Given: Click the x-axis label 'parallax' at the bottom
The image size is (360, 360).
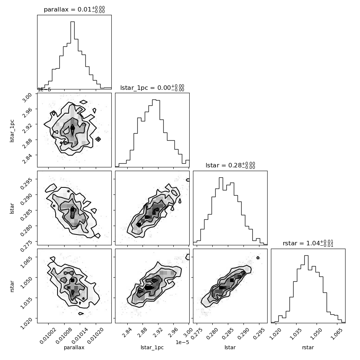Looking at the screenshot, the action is coord(74,347).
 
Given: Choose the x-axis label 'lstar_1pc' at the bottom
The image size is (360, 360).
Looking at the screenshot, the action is coord(152,347).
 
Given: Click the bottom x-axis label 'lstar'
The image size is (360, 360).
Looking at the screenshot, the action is coord(230,347).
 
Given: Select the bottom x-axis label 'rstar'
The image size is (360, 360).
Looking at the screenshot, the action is coord(308,347).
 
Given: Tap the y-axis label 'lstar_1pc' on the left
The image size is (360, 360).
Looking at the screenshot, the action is coord(12,131).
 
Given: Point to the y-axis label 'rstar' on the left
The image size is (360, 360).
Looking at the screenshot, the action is coord(12,286).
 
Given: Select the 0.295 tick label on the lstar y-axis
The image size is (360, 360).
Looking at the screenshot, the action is coord(26,183).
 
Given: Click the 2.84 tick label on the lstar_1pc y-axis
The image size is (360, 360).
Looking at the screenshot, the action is coord(27,158).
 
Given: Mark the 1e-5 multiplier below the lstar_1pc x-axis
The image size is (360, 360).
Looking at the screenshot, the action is coord(182,342).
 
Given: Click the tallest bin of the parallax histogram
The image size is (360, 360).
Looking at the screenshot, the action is coord(72,55).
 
